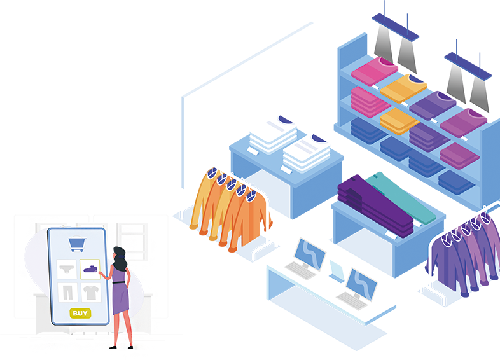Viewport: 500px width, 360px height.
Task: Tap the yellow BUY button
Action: pos(80,313)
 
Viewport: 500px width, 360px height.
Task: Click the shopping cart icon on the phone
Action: pos(78,244)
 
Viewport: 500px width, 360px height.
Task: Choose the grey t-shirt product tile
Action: pos(91,293)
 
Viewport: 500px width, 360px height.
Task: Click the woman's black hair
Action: pos(120,254)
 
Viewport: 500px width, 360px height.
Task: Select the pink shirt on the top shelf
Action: pos(375,71)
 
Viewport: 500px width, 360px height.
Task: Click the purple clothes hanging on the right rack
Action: pos(468,261)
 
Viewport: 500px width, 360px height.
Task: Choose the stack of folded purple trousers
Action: pos(369,197)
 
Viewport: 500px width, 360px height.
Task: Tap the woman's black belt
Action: pos(118,283)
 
